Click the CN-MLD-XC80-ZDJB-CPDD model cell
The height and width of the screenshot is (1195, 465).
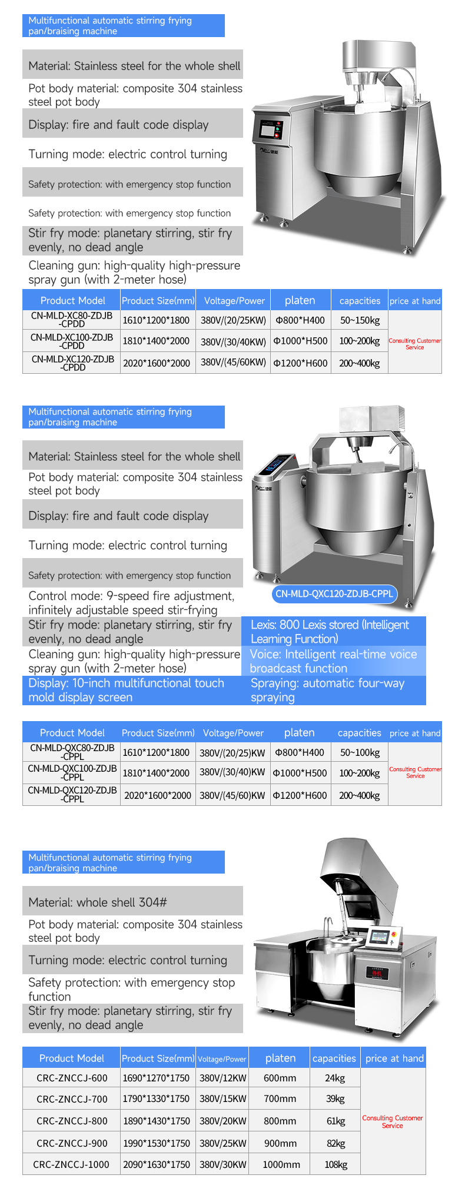(72, 320)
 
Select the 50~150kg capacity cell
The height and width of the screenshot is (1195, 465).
(360, 320)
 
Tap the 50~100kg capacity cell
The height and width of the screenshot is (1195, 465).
(360, 752)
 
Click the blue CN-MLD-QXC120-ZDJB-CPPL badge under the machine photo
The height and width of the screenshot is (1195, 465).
(334, 593)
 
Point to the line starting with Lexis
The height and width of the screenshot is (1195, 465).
(330, 632)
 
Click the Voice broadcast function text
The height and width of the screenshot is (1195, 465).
(333, 661)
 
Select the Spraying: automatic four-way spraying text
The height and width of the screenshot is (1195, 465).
(327, 690)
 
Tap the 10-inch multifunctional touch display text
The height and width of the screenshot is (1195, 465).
(126, 690)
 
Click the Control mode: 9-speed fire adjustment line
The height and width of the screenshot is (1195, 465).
(131, 603)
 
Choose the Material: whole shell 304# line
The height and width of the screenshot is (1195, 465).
(98, 902)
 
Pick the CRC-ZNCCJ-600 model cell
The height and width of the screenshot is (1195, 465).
(72, 1078)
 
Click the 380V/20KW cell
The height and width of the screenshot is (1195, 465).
(222, 1121)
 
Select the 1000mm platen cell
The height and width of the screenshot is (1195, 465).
(281, 1164)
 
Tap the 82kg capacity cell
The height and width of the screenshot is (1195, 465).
(334, 1143)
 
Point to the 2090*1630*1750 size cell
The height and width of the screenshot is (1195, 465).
(156, 1164)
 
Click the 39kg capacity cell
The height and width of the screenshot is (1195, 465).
(334, 1098)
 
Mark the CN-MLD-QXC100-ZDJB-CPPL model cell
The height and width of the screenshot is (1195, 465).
(72, 772)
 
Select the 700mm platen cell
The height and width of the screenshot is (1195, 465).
(280, 1098)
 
